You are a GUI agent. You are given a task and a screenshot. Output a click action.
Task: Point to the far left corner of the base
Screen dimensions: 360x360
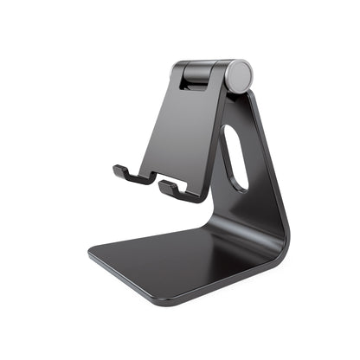click(x=89, y=256)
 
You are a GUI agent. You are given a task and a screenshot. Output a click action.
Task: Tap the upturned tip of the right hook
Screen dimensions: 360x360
click(x=161, y=184)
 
